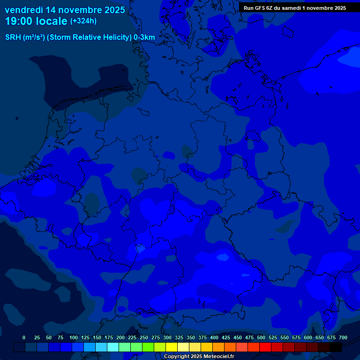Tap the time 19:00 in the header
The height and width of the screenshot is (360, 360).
[x=20, y=21]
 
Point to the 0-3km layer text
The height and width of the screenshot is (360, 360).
[x=144, y=37]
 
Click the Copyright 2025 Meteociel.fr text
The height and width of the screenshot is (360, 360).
[x=199, y=356]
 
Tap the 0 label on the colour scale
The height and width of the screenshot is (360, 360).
[x=24, y=337]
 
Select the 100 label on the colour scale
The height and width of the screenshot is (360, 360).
[x=74, y=337]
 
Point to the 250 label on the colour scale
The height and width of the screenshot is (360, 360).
[x=144, y=337]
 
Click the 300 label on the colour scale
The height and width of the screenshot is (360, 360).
[x=167, y=337]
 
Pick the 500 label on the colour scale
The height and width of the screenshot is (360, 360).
[x=261, y=337]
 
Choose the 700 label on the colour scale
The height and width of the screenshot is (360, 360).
[x=343, y=337]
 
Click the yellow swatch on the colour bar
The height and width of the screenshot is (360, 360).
[x=172, y=347]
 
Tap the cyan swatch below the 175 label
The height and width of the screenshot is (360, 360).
[x=113, y=347]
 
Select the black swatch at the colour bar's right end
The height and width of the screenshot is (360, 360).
[x=336, y=347]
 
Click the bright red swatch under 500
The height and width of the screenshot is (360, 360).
[x=265, y=347]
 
